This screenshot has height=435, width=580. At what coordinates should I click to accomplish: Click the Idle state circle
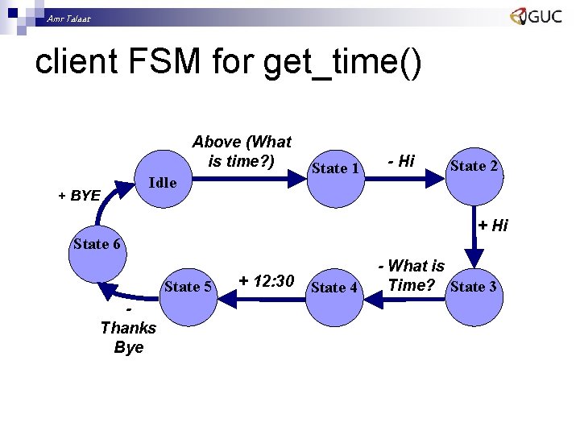[x=162, y=182]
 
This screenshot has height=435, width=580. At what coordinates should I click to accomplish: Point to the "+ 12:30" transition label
[x=267, y=280]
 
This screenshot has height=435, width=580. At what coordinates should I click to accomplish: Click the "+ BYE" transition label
[x=78, y=195]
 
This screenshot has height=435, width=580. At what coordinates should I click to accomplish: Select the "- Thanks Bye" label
[x=128, y=329]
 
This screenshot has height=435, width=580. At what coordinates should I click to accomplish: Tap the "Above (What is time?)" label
[x=242, y=151]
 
